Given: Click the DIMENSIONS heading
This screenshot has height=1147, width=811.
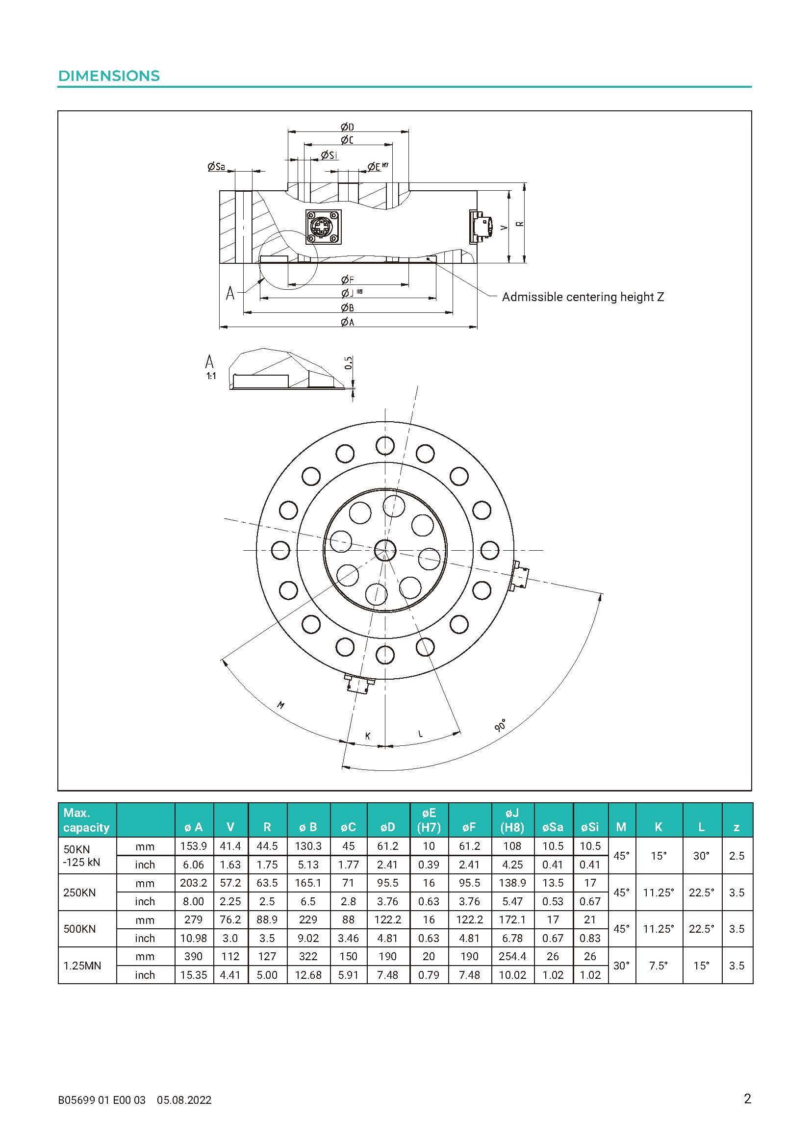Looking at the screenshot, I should coord(109,76).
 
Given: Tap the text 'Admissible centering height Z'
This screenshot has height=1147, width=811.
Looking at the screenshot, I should coord(583,297).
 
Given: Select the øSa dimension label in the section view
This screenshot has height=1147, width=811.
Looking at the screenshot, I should coord(216,167).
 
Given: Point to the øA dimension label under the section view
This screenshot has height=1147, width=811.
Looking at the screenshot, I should coord(348,322).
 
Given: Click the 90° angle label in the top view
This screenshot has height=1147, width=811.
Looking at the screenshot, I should coord(500,725).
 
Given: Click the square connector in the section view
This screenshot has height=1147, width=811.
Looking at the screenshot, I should coord(323,228).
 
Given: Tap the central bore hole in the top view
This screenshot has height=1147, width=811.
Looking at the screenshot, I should coord(385,550).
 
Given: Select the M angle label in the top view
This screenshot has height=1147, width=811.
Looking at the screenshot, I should coord(280,705).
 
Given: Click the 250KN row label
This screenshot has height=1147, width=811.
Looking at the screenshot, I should coord(79,892).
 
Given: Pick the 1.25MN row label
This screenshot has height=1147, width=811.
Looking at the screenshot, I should coord(82,966).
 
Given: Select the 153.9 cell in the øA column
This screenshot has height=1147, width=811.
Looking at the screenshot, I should coord(193,846).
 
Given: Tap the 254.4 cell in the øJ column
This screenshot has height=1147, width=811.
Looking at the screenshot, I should coord(512,956).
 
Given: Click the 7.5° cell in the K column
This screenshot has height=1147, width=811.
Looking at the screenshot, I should coord(658,966).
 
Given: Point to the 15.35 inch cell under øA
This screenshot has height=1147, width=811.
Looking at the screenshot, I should coord(193,975).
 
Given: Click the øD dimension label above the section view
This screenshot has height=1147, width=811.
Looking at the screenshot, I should coord(348,127).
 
